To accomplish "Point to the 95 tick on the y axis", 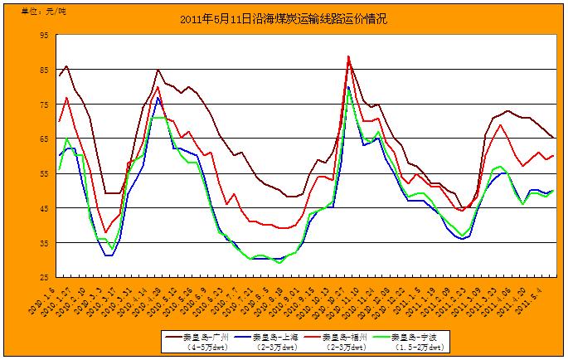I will click(x=44, y=35).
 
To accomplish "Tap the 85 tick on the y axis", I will click(x=44, y=70).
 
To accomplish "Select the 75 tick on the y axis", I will click(x=44, y=105).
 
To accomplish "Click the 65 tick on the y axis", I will click(x=44, y=139).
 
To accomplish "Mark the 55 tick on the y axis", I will click(x=44, y=173).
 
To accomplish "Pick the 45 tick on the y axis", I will click(x=44, y=208).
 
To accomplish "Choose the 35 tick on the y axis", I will click(x=44, y=243).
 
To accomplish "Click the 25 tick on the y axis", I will click(x=44, y=277).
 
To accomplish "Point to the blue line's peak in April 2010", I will click(x=158, y=98).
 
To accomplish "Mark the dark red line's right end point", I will click(x=553, y=139).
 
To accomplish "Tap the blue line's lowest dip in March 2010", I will click(x=109, y=255).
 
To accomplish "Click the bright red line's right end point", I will click(x=553, y=156).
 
